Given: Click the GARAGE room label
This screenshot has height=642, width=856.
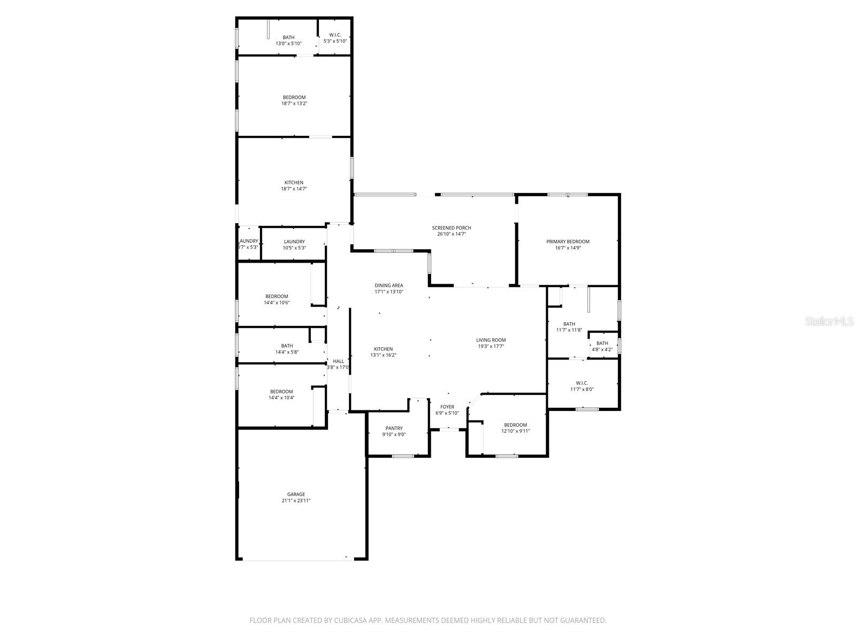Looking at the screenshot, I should click(296, 494).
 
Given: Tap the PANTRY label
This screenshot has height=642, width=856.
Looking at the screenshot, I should click(394, 428).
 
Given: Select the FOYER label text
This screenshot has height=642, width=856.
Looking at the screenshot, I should click(447, 407).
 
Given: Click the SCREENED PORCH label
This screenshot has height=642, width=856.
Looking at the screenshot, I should click(452, 228).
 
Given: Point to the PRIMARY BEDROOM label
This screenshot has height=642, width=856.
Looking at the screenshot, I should click(568, 242).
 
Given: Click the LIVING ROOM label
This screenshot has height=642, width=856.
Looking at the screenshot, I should click(491, 340).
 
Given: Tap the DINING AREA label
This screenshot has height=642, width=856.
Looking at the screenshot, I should click(389, 286).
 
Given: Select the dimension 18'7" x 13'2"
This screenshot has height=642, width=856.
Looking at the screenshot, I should click(294, 103).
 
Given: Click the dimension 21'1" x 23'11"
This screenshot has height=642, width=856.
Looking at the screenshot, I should click(296, 501).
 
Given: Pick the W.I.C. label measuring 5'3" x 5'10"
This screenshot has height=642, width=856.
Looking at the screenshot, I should click(335, 35).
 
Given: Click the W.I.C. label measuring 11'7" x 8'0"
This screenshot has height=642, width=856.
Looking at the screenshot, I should click(582, 383).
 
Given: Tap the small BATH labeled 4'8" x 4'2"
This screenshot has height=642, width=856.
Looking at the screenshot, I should click(602, 343).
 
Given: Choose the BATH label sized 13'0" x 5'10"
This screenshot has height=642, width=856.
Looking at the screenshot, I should click(288, 37).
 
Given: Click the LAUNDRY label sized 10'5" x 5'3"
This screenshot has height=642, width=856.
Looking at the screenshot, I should click(294, 242).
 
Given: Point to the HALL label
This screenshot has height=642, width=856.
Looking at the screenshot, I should click(338, 361).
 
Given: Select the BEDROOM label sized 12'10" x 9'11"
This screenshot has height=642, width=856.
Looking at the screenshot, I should click(515, 425).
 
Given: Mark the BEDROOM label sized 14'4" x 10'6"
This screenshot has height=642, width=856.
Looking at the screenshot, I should click(277, 296).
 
